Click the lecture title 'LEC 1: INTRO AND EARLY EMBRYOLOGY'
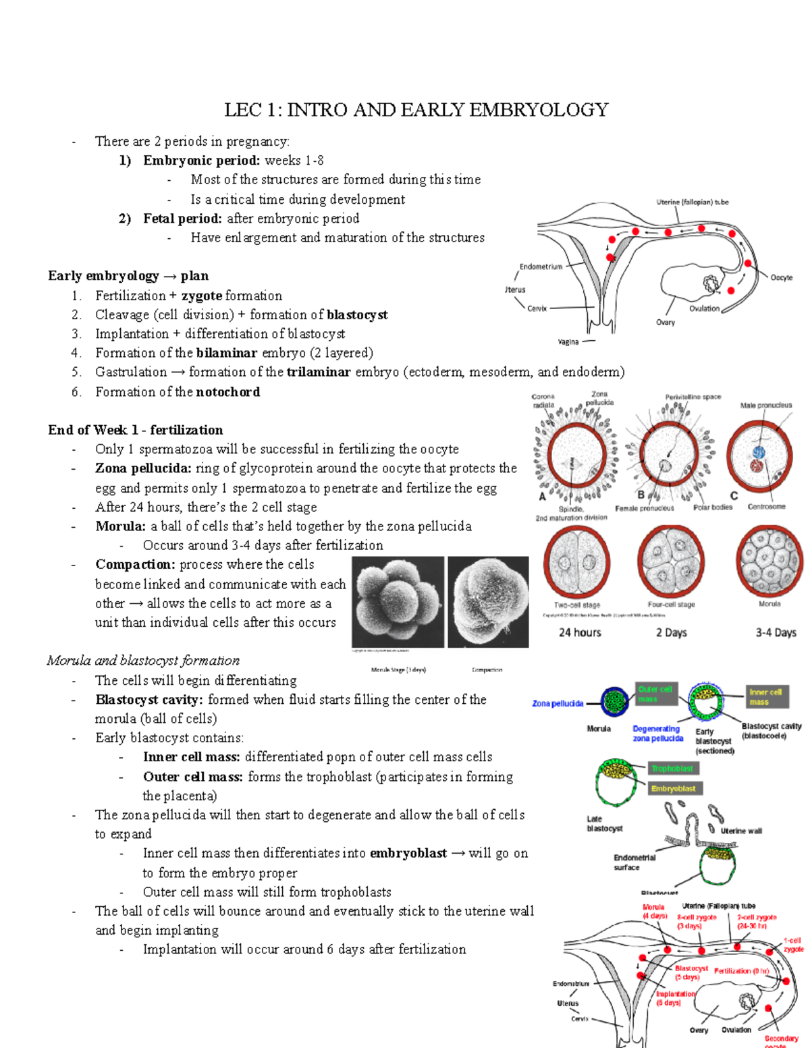416,110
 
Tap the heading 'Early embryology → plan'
128,276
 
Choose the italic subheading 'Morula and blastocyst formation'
143,661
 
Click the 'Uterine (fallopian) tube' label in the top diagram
692,202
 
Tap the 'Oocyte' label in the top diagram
781,277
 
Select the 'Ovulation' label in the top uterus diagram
704,308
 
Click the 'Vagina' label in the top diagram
568,341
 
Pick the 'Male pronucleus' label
765,406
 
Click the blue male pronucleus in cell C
758,452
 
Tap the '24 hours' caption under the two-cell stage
579,633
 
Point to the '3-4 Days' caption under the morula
776,633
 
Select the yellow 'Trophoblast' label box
672,769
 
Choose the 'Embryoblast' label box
674,788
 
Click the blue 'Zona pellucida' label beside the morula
558,704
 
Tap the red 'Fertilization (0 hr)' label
741,971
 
